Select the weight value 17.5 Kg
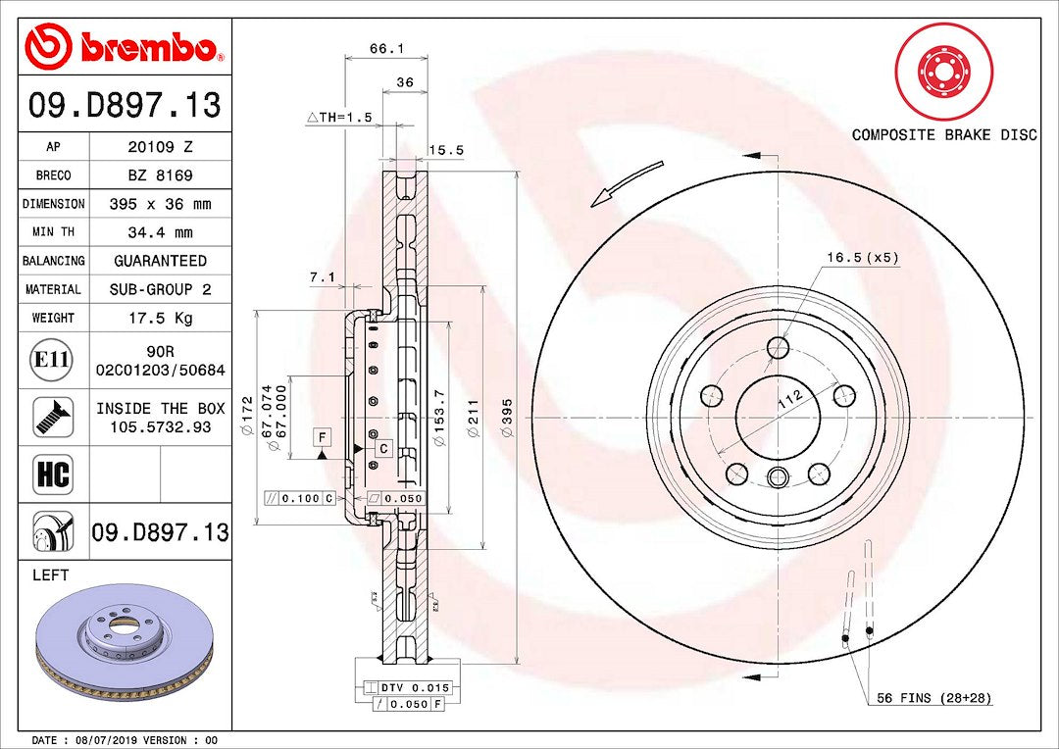pyautogui.click(x=160, y=318)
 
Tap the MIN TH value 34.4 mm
pyautogui.click(x=160, y=232)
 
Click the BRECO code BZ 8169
pyautogui.click(x=160, y=175)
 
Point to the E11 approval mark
pyautogui.click(x=53, y=359)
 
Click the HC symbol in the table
pyautogui.click(x=53, y=474)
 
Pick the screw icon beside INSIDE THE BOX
pyautogui.click(x=53, y=417)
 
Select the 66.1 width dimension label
pyautogui.click(x=386, y=49)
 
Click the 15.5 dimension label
pyautogui.click(x=446, y=150)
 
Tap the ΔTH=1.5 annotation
pyautogui.click(x=339, y=118)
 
